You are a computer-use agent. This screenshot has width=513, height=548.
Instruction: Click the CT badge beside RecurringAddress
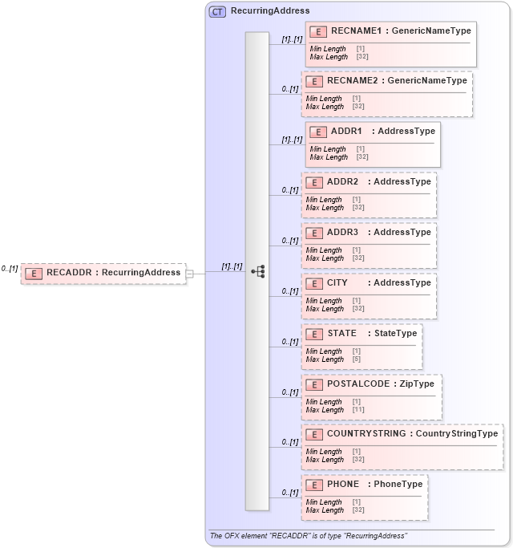(217, 11)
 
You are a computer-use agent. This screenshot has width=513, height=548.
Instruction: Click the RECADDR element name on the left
(68, 273)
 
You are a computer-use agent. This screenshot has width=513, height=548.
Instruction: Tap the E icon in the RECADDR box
(34, 273)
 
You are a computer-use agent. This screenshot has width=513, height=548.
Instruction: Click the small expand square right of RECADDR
(189, 274)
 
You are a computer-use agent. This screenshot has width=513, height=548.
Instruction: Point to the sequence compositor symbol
(258, 271)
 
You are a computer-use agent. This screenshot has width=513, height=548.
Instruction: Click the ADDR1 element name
(346, 131)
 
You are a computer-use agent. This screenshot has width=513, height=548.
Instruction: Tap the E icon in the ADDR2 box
(313, 182)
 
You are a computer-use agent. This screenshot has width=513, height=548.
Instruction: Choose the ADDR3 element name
(342, 232)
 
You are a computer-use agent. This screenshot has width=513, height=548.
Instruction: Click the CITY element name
(337, 282)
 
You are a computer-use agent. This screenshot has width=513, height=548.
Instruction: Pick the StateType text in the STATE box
(395, 333)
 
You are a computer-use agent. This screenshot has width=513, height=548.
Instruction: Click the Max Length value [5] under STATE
(357, 359)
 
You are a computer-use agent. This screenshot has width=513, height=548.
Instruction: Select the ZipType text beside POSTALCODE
(417, 384)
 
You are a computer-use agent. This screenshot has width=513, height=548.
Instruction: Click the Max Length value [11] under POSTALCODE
(358, 410)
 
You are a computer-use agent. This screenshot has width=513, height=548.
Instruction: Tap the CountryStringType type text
(457, 433)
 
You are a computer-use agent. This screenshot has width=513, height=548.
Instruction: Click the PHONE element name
(343, 484)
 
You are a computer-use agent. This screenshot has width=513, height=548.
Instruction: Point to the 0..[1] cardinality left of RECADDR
(10, 269)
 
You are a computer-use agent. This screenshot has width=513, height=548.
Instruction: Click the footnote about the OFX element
(309, 535)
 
